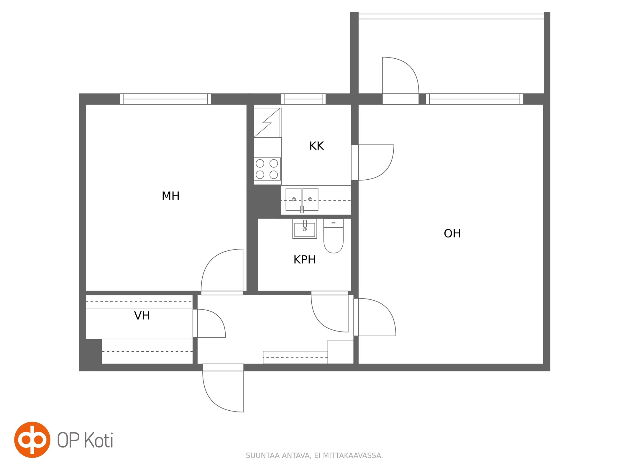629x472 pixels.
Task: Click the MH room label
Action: click(x=170, y=196)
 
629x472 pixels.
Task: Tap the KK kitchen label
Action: click(x=316, y=146)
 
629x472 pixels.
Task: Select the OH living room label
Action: click(x=452, y=233)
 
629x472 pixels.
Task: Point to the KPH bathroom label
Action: click(x=304, y=260)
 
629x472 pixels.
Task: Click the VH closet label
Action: click(x=142, y=316)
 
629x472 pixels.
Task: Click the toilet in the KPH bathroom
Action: click(x=334, y=236)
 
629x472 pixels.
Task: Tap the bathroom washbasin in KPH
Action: click(x=305, y=229)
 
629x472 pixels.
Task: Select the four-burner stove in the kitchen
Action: click(x=267, y=169)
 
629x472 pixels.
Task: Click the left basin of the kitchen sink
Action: click(x=293, y=199)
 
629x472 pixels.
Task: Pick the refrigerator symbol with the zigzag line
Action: click(x=267, y=122)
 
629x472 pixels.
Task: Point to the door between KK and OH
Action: click(x=373, y=162)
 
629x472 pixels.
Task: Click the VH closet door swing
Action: click(x=209, y=323)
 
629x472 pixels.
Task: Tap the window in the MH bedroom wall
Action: click(x=165, y=99)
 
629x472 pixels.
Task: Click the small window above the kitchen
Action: click(x=303, y=99)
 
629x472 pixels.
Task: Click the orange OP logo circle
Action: click(x=32, y=440)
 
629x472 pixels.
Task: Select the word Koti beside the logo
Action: click(x=98, y=440)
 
